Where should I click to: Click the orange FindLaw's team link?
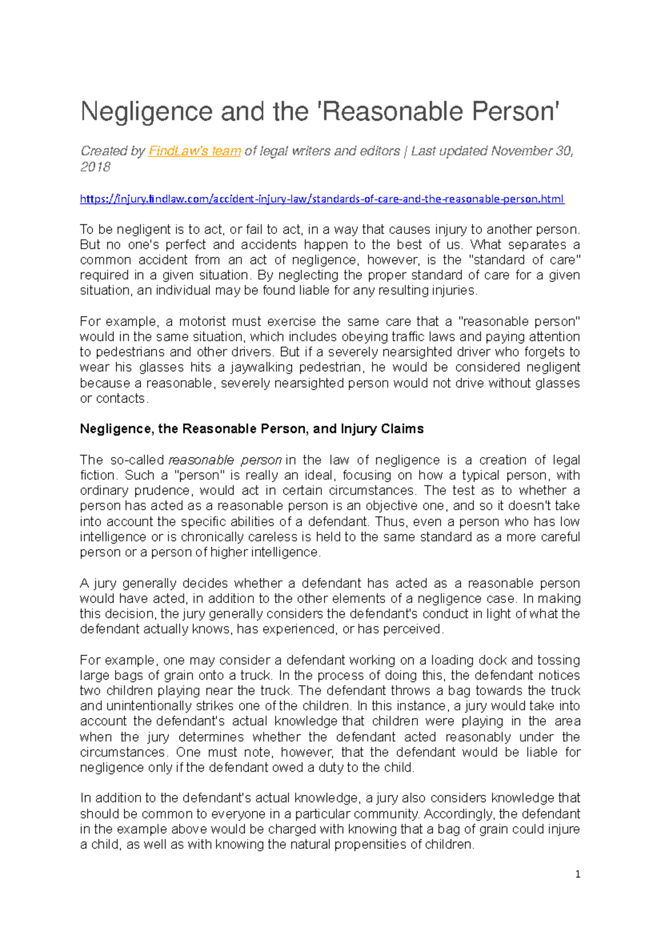tap(194, 151)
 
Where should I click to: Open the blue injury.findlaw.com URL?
tap(322, 199)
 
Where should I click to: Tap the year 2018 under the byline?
tap(95, 167)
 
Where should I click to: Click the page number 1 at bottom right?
tap(577, 874)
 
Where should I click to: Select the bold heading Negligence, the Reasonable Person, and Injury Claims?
tap(252, 429)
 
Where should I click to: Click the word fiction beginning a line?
tap(96, 476)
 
